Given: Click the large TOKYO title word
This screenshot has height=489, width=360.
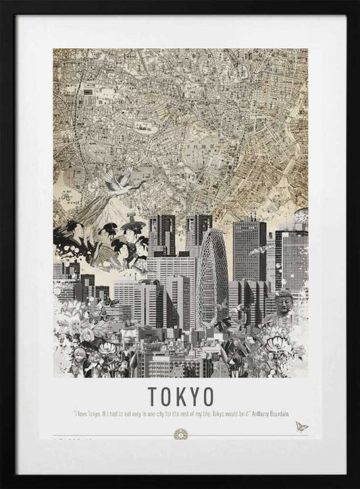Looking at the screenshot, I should click(180, 394).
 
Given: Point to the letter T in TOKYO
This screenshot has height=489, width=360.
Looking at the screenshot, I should click(152, 394).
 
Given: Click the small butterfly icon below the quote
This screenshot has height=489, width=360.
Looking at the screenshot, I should click(301, 427).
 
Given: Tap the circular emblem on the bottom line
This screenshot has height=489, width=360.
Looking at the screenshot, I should click(180, 433).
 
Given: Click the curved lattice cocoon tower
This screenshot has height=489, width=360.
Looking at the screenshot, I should click(212, 270).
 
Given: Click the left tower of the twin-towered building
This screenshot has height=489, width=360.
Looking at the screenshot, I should click(162, 234).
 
